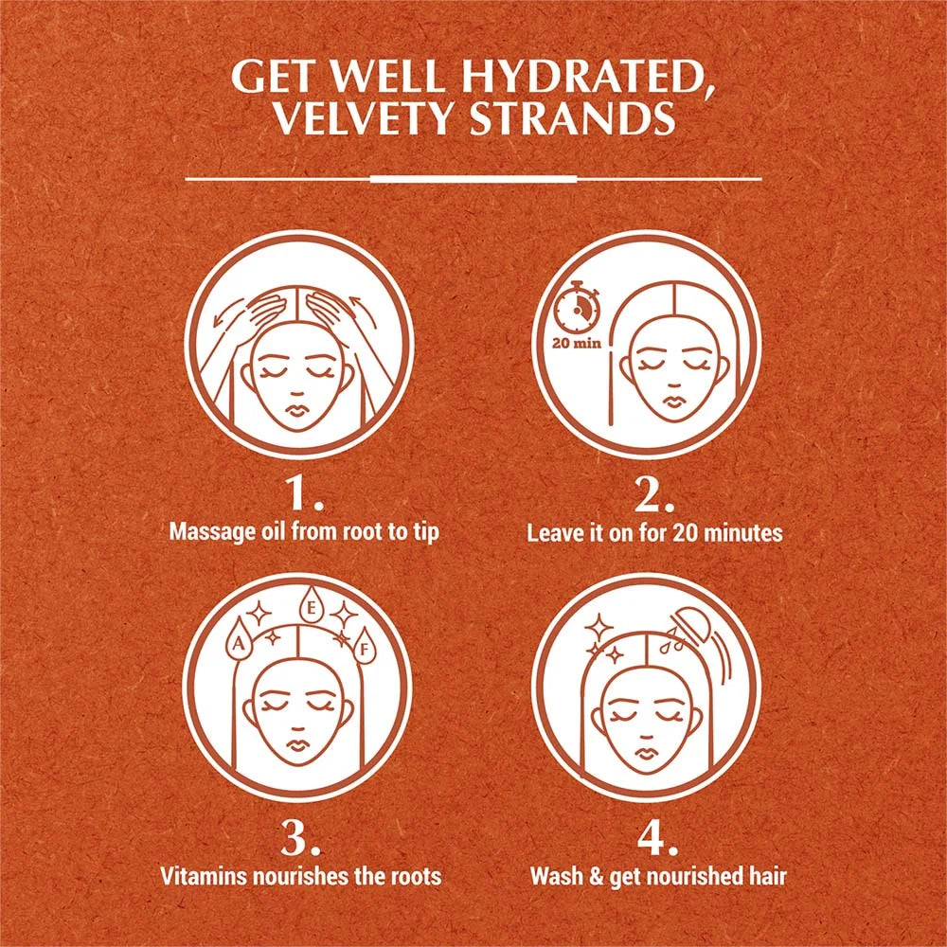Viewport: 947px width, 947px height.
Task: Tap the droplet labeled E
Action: tap(310, 606)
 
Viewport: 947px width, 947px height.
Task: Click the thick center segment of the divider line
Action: tap(473, 178)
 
